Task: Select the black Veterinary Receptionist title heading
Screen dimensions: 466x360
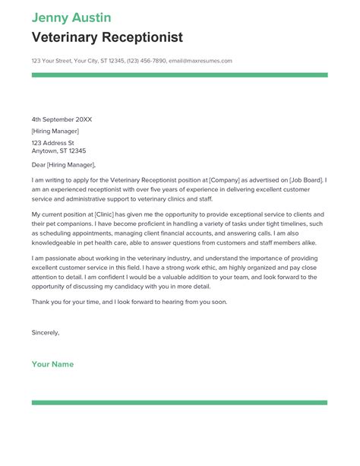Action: click(x=107, y=37)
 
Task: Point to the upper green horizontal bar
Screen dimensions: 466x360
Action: click(x=179, y=74)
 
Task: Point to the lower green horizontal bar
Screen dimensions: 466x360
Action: click(x=179, y=402)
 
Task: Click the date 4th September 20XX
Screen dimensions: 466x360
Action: click(x=62, y=119)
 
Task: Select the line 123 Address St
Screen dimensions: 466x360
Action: click(x=52, y=142)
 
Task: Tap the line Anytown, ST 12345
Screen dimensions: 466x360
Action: click(x=60, y=151)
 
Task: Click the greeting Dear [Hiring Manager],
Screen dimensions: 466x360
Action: click(x=64, y=164)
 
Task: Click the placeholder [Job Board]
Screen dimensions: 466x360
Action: click(x=303, y=180)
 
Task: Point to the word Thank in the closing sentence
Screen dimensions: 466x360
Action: click(x=41, y=302)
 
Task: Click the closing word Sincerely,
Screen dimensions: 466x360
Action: click(x=46, y=332)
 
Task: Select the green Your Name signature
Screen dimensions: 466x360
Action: click(x=52, y=364)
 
